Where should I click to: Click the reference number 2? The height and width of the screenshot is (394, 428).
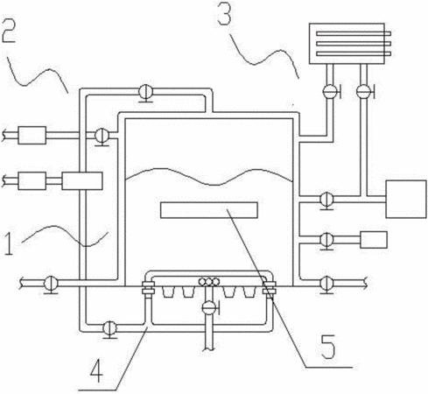(9, 31)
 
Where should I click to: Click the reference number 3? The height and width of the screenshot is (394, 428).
(225, 13)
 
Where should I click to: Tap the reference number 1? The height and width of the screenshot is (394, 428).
(9, 242)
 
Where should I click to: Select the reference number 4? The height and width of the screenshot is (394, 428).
(96, 370)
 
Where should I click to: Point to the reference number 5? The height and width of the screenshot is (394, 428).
(328, 347)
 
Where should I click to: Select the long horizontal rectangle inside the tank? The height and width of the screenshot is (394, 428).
(209, 210)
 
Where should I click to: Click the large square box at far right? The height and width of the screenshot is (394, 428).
(406, 199)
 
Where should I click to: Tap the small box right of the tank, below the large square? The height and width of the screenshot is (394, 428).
(374, 240)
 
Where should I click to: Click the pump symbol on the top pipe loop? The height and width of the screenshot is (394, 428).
(145, 93)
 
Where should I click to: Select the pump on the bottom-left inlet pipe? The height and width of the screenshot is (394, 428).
(51, 284)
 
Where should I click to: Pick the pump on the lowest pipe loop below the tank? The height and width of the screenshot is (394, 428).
(110, 329)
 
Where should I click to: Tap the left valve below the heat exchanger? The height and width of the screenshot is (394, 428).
(331, 91)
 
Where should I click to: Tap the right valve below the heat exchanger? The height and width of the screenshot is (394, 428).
(365, 91)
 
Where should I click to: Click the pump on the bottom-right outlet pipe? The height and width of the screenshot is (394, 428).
(327, 284)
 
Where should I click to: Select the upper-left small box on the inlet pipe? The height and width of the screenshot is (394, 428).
(32, 135)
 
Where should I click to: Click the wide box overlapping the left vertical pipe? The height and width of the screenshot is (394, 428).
(82, 181)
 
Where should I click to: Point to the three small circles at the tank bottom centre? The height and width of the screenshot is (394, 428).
(209, 282)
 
